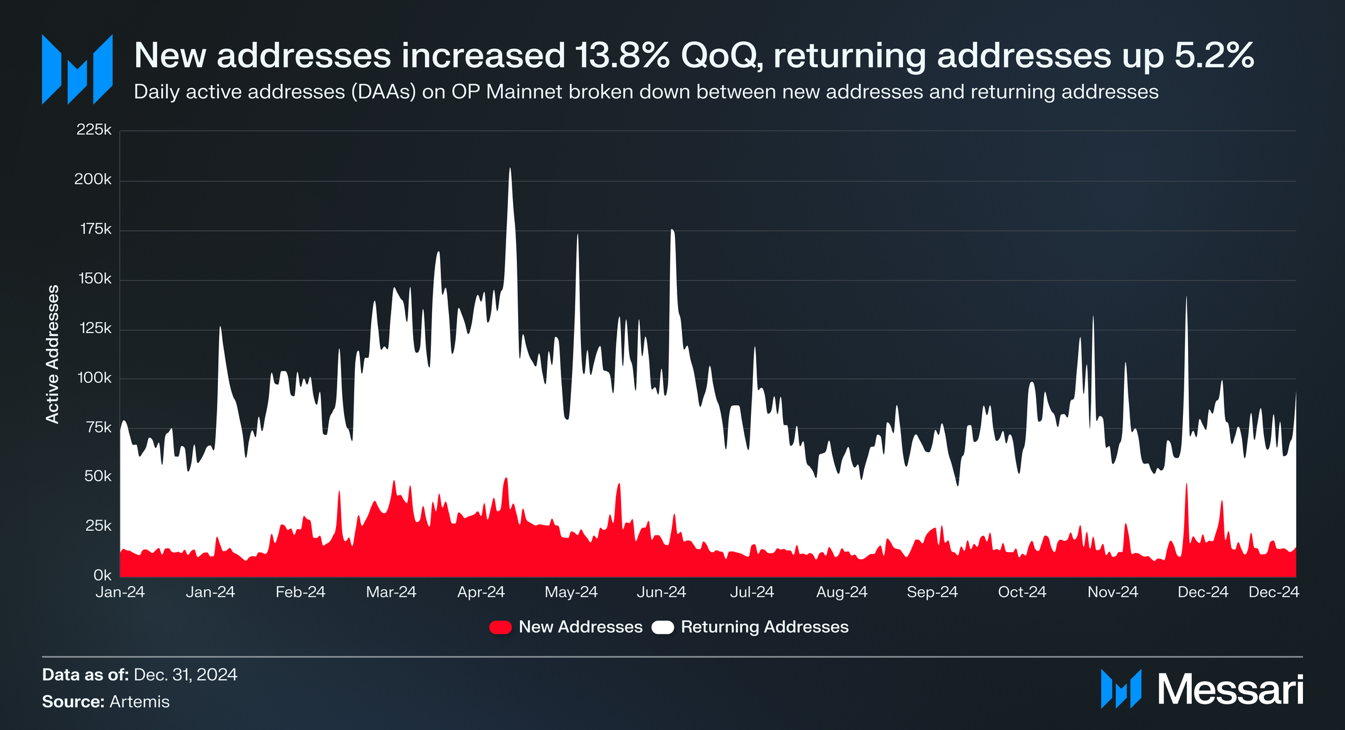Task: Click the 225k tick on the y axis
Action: [94, 130]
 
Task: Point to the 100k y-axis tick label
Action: [94, 378]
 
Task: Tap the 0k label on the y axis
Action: [102, 575]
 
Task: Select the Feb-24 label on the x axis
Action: [300, 592]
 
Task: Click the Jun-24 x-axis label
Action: [661, 592]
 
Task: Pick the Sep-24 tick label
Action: [932, 592]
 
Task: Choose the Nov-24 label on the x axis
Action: [1113, 592]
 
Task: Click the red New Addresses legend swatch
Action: [500, 627]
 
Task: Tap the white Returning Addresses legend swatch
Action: [662, 627]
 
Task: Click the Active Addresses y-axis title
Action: [53, 354]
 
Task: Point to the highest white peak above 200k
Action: [510, 170]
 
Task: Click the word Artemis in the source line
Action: [139, 702]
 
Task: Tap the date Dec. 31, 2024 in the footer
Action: [185, 675]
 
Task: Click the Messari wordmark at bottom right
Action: [1229, 690]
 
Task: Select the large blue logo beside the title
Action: [77, 69]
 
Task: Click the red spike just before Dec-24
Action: [1186, 487]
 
